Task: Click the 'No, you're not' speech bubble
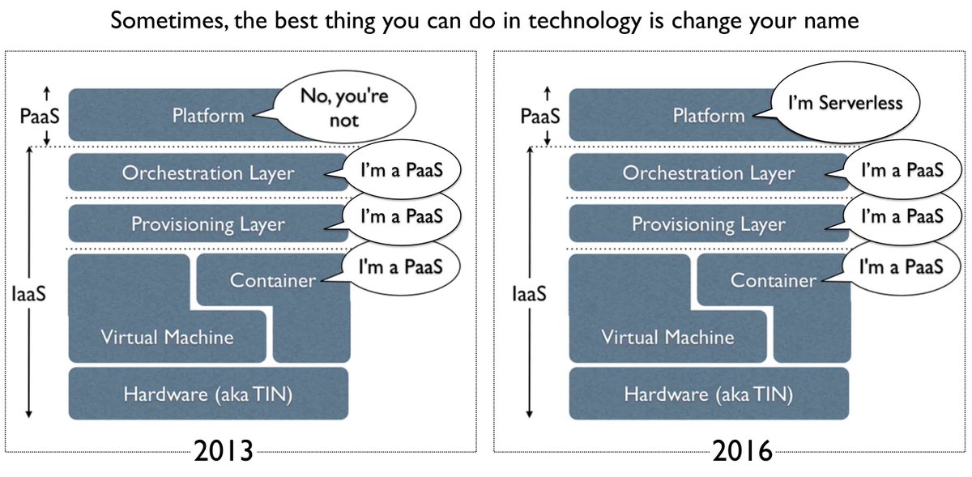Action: (x=356, y=109)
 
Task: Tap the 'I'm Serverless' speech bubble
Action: (x=857, y=104)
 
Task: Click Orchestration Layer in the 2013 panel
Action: (x=208, y=173)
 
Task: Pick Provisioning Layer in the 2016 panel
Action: (x=708, y=224)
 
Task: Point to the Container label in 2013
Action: (x=272, y=281)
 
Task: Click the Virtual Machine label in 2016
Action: (x=667, y=337)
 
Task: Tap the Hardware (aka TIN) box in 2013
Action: (x=208, y=394)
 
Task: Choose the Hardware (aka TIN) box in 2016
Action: (x=708, y=394)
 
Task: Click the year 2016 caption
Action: (x=742, y=450)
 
